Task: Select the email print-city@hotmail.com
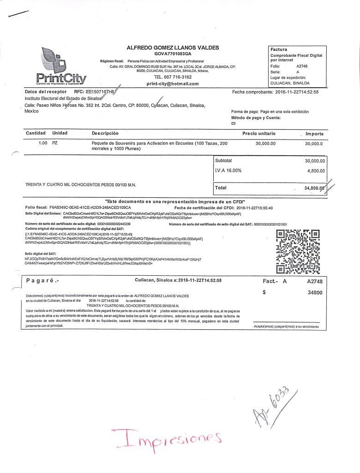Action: (172, 84)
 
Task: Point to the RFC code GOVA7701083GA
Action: (172, 54)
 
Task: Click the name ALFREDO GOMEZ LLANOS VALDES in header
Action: (173, 48)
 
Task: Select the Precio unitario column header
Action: (258, 133)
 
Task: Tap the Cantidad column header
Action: (36, 133)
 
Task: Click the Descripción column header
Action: (105, 133)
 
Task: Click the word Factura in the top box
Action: (279, 49)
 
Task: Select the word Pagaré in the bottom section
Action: (42, 280)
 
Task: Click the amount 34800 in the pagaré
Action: (315, 292)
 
